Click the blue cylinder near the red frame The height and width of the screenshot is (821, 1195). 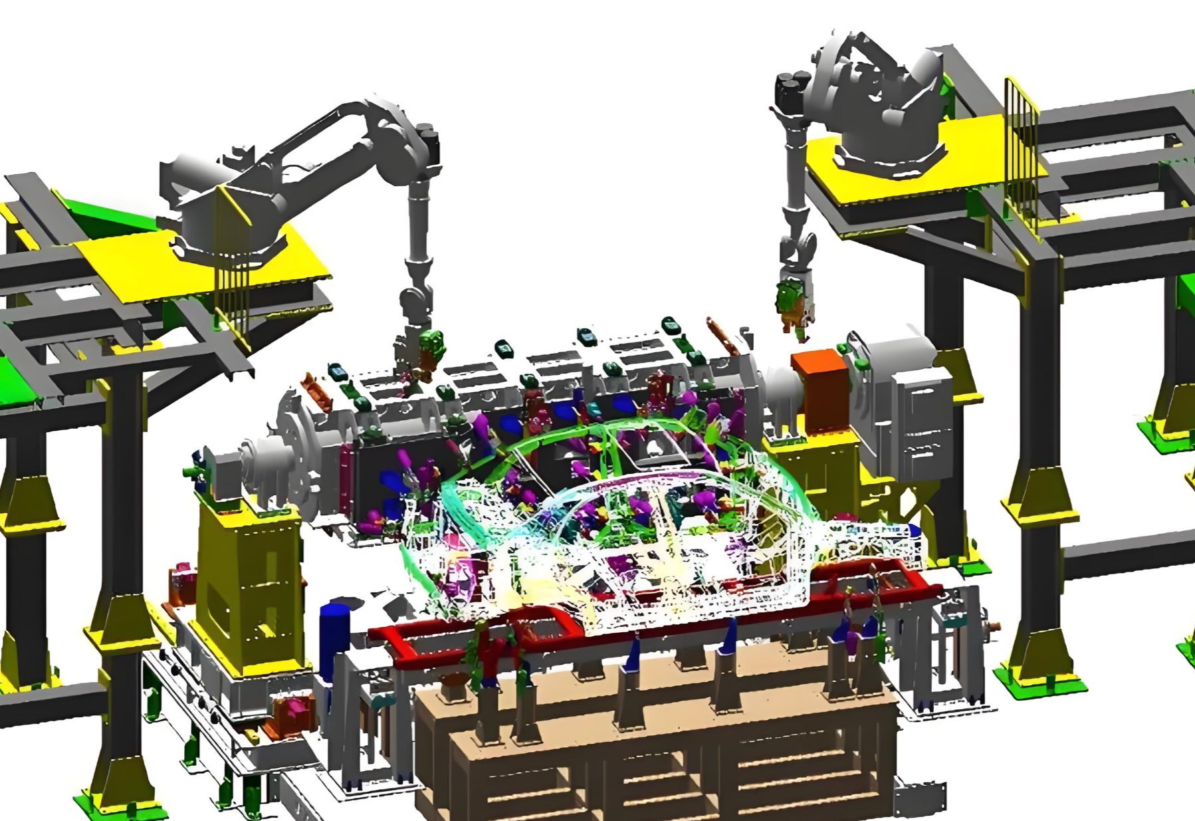(334, 641)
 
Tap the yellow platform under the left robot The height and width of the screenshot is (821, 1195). (199, 266)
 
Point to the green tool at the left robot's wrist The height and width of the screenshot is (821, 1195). (432, 346)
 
